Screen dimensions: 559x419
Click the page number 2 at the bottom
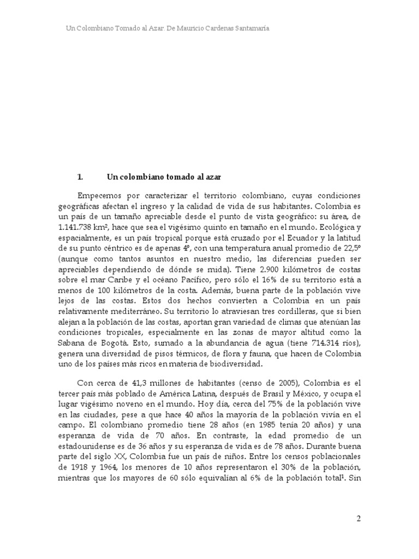(358, 519)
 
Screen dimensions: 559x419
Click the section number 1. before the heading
(80, 177)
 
